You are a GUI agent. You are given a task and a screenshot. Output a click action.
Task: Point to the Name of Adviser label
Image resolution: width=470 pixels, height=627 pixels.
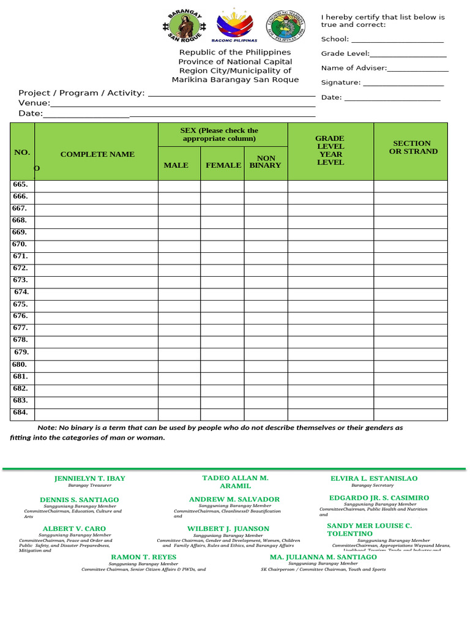coord(354,68)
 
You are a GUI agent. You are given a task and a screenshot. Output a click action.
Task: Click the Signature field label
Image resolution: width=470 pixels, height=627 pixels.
coord(341,83)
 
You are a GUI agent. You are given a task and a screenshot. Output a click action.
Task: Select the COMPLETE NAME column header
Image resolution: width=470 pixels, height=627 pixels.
coord(97,154)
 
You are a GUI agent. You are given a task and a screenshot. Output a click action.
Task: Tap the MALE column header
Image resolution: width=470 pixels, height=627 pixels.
coord(176,165)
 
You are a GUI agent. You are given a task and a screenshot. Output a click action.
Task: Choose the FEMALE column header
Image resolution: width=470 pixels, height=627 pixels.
coord(223,165)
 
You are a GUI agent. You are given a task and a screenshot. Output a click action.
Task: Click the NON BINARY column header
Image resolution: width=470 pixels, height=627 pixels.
coord(266,162)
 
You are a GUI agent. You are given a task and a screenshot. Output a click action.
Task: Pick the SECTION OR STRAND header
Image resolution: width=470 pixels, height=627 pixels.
coord(413,147)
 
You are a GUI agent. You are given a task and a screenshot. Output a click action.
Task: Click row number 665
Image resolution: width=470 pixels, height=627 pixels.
coord(20,184)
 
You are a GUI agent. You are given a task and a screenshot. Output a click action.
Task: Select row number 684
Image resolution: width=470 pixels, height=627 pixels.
coord(20,413)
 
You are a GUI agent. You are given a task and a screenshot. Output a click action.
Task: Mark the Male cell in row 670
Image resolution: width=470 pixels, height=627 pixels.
coord(179,244)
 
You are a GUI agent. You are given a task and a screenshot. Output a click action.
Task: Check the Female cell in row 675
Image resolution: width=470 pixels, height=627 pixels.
coord(222,304)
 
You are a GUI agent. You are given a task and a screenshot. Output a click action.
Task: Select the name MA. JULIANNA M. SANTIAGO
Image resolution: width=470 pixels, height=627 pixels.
coord(323,557)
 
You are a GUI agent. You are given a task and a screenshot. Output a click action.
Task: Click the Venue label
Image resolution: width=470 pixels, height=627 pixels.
coord(34,103)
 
